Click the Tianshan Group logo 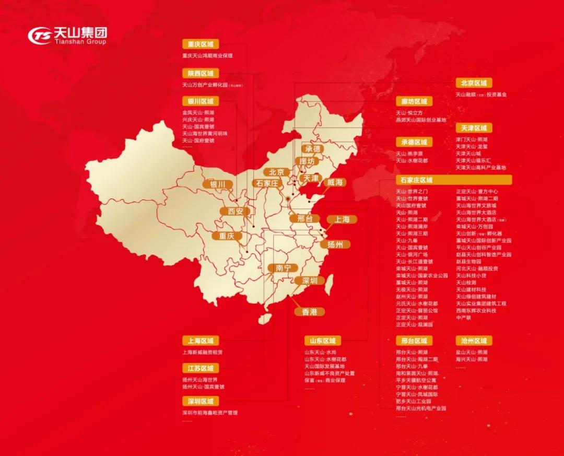pyautogui.click(x=67, y=36)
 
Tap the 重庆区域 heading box pyautogui.click(x=201, y=44)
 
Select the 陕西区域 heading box pyautogui.click(x=201, y=73)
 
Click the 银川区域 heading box pyautogui.click(x=201, y=101)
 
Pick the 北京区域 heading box pyautogui.click(x=474, y=83)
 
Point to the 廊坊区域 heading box pyautogui.click(x=414, y=101)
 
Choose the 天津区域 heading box pyautogui.click(x=474, y=128)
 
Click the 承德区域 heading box pyautogui.click(x=414, y=142)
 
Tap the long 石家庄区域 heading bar pyautogui.click(x=453, y=180)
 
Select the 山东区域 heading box pyautogui.click(x=322, y=341)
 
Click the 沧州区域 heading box pyautogui.click(x=474, y=341)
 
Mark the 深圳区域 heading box pyautogui.click(x=201, y=401)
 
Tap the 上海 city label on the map pyautogui.click(x=342, y=219)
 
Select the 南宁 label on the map pyautogui.click(x=283, y=268)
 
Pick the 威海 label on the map pyautogui.click(x=335, y=182)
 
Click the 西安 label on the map pyautogui.click(x=232, y=212)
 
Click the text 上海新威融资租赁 pyautogui.click(x=202, y=353)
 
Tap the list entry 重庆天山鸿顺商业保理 pyautogui.click(x=207, y=55)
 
